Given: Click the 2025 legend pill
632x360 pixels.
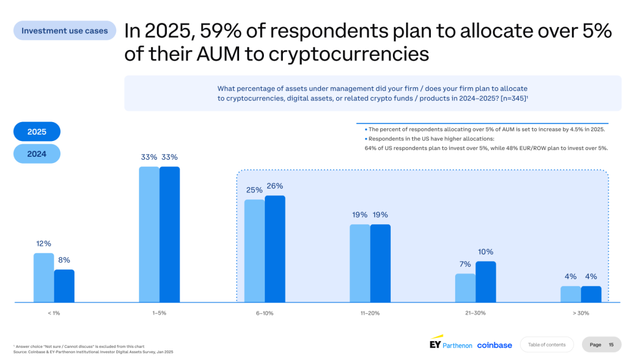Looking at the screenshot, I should [37, 132].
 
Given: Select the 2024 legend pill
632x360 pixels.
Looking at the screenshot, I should [37, 154].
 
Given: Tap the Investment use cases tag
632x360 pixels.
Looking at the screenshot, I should [65, 31].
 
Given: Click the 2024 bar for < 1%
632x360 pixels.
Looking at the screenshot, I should [44, 277].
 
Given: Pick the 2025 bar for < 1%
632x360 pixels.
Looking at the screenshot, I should [64, 286].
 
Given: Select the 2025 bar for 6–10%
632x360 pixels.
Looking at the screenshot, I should [275, 249].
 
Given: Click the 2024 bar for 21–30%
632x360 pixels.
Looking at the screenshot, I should [465, 288].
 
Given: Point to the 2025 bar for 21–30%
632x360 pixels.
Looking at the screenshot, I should [486, 282].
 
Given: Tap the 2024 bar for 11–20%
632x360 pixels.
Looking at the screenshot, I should [360, 263].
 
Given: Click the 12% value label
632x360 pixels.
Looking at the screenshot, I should [44, 244].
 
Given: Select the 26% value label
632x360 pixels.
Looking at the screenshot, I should [275, 186].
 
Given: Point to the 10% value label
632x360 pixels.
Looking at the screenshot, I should [486, 252].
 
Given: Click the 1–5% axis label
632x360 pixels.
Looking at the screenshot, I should [159, 313].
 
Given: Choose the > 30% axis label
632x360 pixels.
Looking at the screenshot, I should [581, 313].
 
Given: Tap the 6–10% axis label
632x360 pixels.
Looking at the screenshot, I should [264, 313].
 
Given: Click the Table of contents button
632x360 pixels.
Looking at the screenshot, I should [547, 345].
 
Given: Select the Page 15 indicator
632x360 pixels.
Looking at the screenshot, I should [601, 345].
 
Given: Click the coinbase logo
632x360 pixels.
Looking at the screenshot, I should [495, 345].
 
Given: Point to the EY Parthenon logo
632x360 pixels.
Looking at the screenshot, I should [451, 344].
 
